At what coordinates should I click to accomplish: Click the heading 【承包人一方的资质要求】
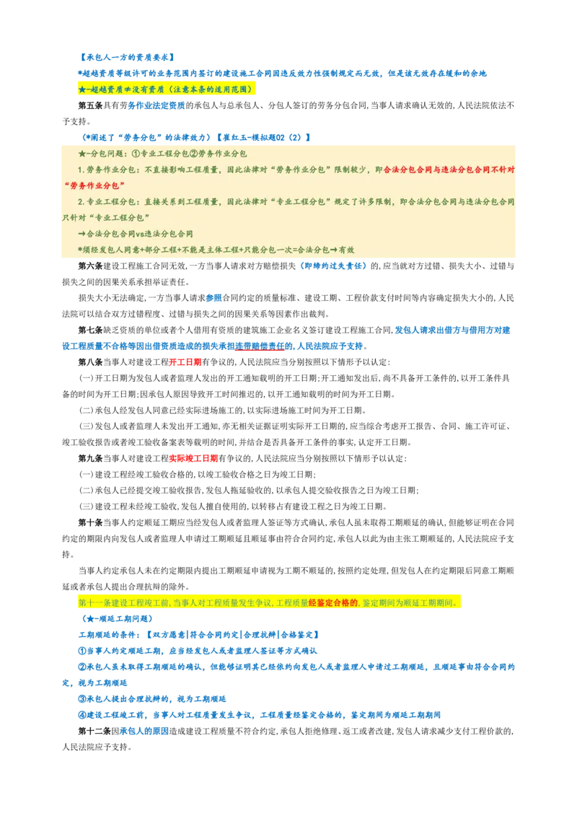[126, 57]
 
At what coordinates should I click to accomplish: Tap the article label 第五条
[91, 105]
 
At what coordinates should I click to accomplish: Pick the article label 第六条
[91, 266]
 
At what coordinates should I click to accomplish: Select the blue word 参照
[213, 298]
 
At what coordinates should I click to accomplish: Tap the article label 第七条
[91, 330]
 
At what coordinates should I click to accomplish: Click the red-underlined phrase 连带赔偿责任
[260, 346]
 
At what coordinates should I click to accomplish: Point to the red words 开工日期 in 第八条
[185, 362]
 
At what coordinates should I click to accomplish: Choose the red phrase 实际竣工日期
[193, 458]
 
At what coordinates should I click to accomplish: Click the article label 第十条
[91, 522]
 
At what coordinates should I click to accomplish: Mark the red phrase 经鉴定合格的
[333, 602]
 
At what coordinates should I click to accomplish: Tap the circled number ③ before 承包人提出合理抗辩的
[82, 699]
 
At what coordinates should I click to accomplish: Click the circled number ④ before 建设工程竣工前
[82, 715]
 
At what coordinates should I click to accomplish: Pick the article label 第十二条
[94, 731]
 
